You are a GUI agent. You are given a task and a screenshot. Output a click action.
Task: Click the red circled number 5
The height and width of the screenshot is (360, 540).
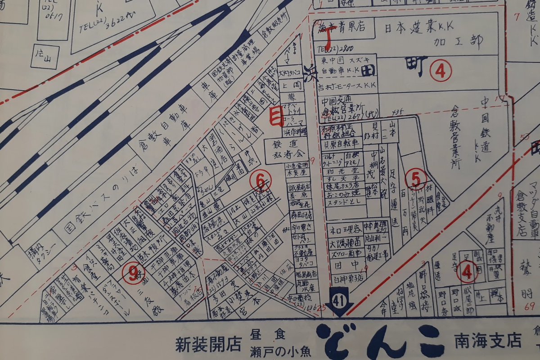point(415,178)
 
